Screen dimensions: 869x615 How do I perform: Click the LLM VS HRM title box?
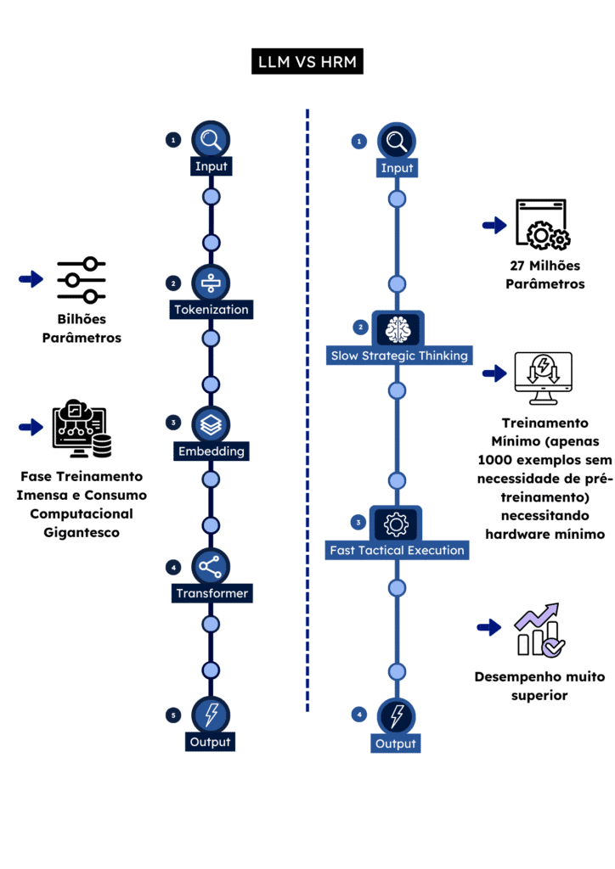click(x=307, y=62)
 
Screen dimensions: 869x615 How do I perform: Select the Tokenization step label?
click(x=211, y=310)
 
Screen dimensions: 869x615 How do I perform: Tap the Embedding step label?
click(x=211, y=451)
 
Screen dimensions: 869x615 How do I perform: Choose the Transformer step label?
click(x=211, y=593)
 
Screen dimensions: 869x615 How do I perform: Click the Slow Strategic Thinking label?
click(x=398, y=356)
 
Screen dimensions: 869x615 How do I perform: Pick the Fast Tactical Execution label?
click(x=397, y=550)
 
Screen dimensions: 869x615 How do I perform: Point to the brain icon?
click(x=397, y=328)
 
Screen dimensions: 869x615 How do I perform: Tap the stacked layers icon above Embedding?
click(x=211, y=424)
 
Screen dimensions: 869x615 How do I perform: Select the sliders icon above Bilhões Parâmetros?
click(x=82, y=280)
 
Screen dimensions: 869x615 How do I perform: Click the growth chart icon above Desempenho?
click(x=539, y=630)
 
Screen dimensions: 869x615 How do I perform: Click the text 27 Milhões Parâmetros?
click(x=544, y=273)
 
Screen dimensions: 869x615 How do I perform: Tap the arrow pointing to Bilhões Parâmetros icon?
click(x=31, y=279)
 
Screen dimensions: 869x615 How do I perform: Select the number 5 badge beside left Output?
click(x=173, y=715)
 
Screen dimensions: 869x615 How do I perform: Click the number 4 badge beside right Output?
click(x=359, y=715)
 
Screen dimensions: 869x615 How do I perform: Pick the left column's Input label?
click(x=211, y=166)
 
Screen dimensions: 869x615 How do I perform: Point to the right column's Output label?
click(x=396, y=744)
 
